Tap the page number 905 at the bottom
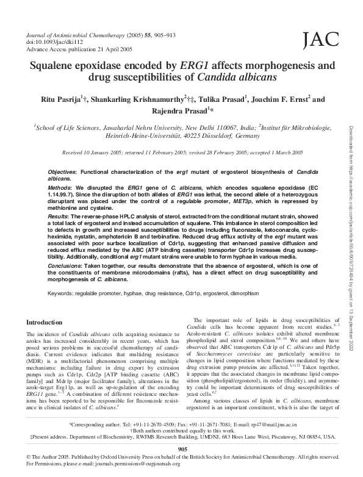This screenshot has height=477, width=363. click(x=182, y=449)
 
